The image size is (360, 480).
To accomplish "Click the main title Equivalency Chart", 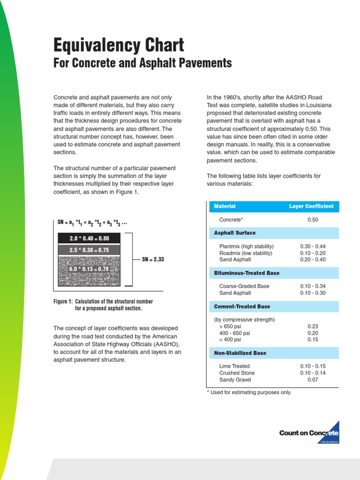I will [119, 45].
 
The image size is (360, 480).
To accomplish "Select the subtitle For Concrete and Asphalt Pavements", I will [142, 63].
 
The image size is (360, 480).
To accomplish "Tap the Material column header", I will [225, 206].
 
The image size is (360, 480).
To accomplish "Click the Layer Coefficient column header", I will [311, 206].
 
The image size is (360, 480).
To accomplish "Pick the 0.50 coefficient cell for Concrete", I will [313, 219].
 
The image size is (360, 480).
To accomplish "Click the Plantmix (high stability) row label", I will [247, 247].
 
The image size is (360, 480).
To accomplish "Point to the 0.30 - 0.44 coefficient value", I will [313, 247].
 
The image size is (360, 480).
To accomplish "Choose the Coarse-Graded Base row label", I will [244, 286].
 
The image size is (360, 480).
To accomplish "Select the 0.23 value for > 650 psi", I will [313, 326].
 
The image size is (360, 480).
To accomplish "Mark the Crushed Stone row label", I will [237, 373].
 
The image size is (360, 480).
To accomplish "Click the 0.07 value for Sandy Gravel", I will [313, 380].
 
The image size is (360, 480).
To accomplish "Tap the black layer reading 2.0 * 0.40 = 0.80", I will [89, 239].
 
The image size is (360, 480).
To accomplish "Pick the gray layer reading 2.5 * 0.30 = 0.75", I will [89, 250].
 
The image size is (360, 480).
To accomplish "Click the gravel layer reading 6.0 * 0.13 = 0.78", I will [89, 269].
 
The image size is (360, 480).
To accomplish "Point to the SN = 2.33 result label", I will [153, 259].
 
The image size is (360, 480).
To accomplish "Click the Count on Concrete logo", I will [309, 434].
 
